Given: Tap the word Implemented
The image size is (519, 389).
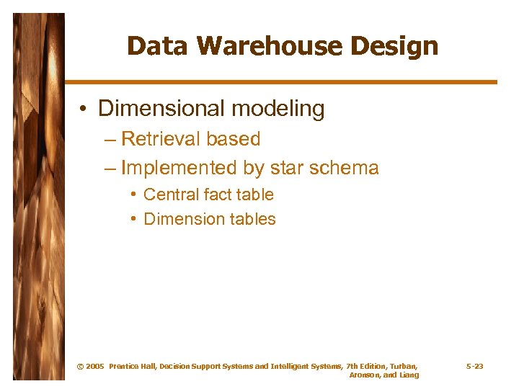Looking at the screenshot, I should tap(178, 168).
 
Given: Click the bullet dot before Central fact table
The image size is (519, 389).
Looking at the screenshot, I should tap(134, 194).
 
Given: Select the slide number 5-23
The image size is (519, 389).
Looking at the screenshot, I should tap(474, 367).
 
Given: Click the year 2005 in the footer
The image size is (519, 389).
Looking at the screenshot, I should tap(94, 367).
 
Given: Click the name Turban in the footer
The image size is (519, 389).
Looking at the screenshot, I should tap(403, 367).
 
